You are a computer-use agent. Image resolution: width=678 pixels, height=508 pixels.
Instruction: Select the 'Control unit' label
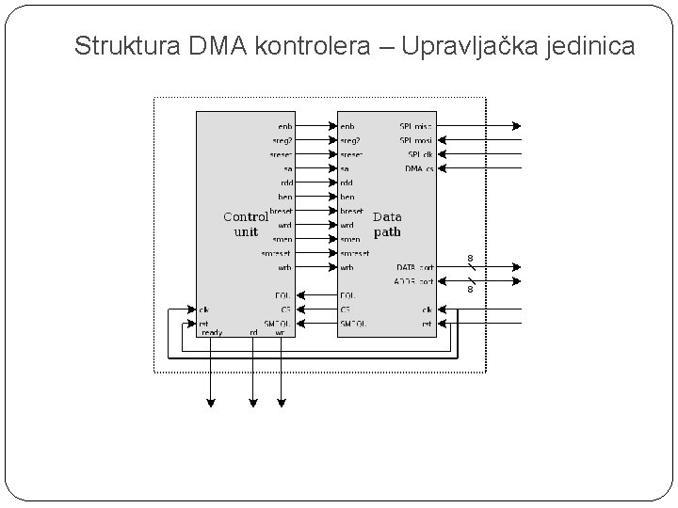point(245,224)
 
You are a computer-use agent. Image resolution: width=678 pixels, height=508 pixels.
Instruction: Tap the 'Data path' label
point(387,224)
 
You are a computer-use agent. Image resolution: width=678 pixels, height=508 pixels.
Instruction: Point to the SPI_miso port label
point(416,126)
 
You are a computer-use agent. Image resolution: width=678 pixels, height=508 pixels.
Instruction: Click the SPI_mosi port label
point(416,140)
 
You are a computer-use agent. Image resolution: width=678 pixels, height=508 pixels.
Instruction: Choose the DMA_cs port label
point(419,168)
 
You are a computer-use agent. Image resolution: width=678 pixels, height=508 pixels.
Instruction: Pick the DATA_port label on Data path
point(414,267)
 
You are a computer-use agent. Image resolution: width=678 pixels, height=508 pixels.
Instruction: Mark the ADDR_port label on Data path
point(414,281)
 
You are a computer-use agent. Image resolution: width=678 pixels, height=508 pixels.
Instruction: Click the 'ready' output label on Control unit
point(212,332)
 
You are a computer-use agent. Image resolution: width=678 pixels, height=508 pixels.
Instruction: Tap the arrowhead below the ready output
point(211,403)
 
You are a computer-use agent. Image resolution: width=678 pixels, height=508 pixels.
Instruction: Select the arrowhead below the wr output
point(281,403)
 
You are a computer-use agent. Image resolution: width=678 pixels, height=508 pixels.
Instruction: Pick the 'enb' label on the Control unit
point(284,126)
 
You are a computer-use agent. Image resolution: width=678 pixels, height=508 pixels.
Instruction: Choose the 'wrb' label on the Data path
point(347,267)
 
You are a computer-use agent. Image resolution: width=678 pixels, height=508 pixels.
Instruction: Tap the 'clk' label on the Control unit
point(203,309)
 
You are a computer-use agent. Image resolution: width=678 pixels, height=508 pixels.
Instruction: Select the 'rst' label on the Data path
point(427,324)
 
